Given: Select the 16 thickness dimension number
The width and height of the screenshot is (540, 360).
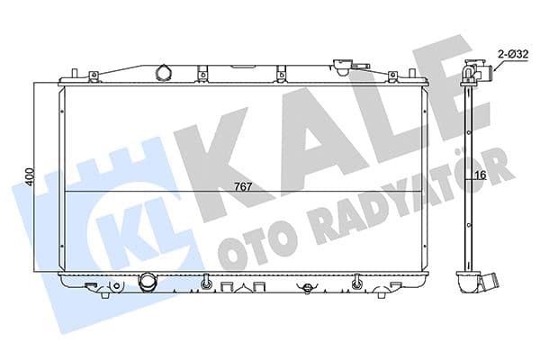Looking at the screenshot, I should click(x=481, y=175).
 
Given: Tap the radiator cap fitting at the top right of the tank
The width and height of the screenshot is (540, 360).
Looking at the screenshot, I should click(x=342, y=65).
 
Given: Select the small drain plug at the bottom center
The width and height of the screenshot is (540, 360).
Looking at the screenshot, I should click(x=309, y=287).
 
